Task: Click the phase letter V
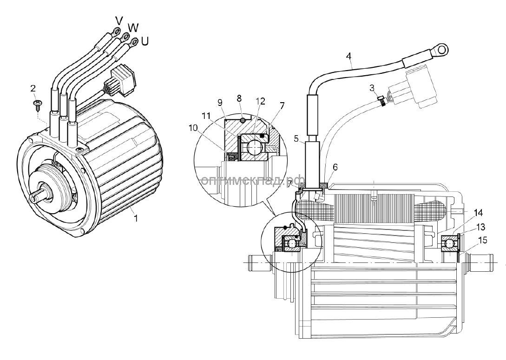point(118,20)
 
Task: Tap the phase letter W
point(133,27)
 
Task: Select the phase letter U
point(145,41)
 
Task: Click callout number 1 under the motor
point(136,218)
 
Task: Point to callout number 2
point(33,88)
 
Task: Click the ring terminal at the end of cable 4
point(441,49)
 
